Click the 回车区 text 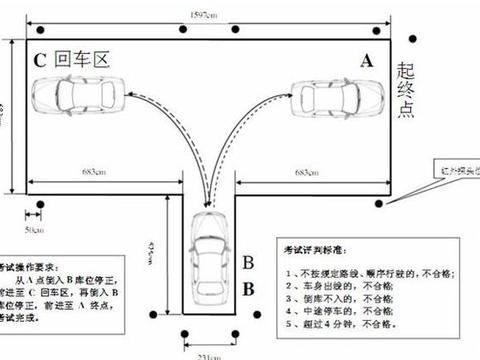(80, 59)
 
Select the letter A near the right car (367, 61)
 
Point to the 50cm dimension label (33, 230)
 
